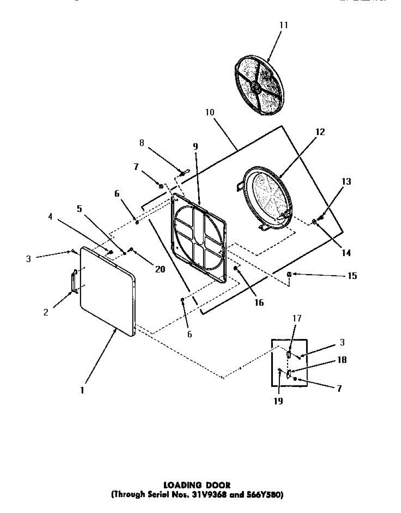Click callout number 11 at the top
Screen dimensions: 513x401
point(284,25)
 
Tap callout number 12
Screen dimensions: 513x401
point(320,132)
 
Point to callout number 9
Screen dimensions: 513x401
point(195,146)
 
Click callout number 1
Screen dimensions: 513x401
point(82,390)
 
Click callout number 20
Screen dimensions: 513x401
point(160,269)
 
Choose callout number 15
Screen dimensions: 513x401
point(352,276)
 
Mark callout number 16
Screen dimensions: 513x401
point(259,303)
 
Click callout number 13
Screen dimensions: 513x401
point(346,182)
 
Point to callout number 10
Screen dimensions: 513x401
point(210,112)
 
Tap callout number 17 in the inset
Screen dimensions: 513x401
point(297,318)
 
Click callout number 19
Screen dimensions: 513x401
point(278,401)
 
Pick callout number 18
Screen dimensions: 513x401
point(342,360)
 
